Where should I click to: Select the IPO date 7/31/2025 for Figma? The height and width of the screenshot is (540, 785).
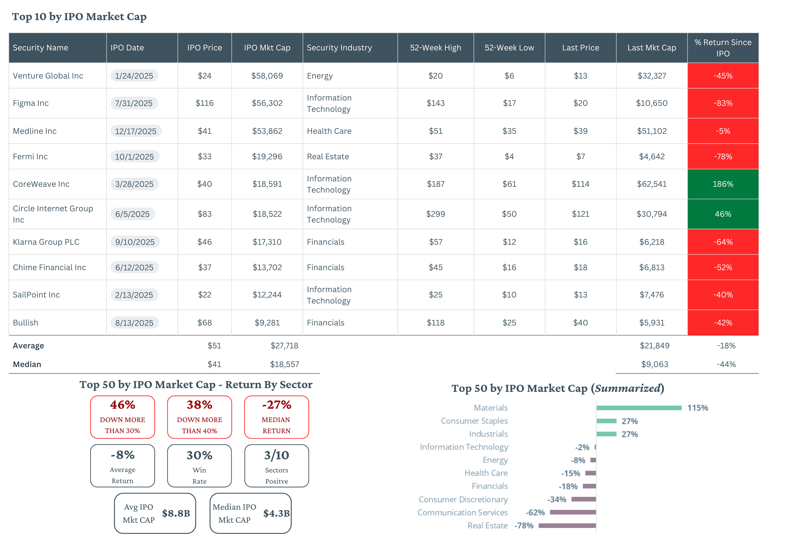point(134,103)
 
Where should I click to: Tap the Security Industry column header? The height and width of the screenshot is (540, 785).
point(339,48)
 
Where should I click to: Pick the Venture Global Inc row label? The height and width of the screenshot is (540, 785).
point(48,76)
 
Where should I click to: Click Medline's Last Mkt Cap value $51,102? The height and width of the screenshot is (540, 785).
point(652,131)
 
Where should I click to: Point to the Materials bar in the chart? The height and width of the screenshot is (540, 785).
point(639,408)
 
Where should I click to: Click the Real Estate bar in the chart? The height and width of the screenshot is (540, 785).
point(567,525)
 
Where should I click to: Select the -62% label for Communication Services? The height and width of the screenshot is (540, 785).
point(535,513)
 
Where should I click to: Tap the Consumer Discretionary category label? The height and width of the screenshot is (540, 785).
point(463,499)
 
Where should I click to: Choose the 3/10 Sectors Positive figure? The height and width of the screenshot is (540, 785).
point(277,455)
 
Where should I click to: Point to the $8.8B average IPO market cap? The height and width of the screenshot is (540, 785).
point(176,513)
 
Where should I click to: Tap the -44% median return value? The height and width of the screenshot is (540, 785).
point(726,364)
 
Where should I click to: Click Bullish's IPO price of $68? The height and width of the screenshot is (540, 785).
point(205,323)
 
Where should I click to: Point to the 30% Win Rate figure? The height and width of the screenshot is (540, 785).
point(200,455)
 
